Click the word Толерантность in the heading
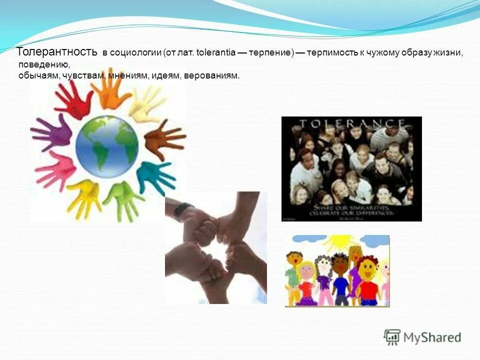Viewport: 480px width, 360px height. click(58, 52)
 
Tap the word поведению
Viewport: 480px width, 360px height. click(44, 65)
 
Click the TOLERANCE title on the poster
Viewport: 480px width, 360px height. click(351, 123)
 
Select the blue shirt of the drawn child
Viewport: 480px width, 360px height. click(341, 286)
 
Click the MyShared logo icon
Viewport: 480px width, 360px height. click(392, 337)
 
